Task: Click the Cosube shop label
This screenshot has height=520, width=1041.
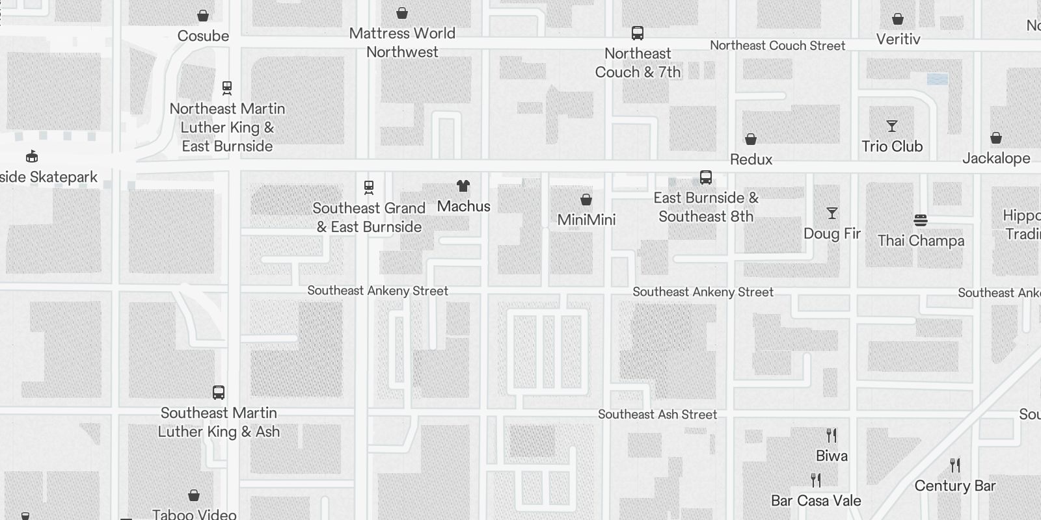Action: (203, 36)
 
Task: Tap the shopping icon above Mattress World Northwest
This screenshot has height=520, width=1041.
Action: (402, 13)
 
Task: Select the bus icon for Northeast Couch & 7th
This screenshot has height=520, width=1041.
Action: (638, 33)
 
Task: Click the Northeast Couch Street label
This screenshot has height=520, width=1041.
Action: (777, 45)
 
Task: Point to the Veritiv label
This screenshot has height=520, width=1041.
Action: (898, 39)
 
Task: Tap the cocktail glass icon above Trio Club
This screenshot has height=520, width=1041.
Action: (892, 126)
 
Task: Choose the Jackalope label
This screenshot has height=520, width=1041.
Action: (996, 158)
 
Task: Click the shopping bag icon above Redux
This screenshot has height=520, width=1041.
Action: (751, 139)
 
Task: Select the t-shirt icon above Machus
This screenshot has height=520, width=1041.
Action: (463, 187)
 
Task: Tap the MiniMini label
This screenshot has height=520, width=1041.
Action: (586, 220)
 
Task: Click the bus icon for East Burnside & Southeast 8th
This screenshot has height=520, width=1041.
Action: (706, 177)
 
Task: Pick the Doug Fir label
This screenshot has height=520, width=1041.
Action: (832, 233)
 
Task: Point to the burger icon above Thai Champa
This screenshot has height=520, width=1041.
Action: (921, 220)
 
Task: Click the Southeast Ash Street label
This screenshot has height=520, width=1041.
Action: (657, 415)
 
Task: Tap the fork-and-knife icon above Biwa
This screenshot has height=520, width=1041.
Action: (831, 435)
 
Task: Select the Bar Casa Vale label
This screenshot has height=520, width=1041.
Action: (816, 500)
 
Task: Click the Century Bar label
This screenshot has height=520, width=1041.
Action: (955, 486)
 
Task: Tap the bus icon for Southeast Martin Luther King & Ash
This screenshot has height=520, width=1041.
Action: (219, 393)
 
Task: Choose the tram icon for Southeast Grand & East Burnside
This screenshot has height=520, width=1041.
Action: (369, 188)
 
